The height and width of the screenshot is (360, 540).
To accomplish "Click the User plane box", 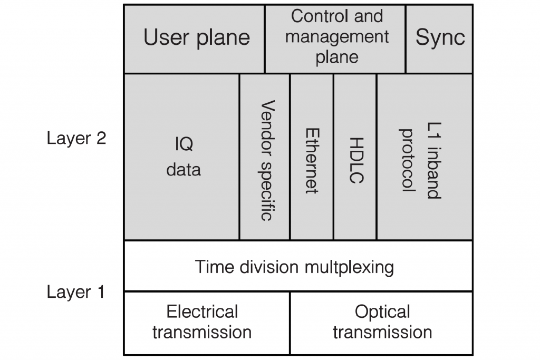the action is pyautogui.click(x=194, y=39).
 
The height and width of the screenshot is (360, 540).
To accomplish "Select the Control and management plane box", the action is pyautogui.click(x=335, y=39).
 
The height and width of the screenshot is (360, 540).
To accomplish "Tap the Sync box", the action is pyautogui.click(x=439, y=39).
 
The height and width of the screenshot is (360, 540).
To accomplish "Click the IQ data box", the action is pyautogui.click(x=181, y=157).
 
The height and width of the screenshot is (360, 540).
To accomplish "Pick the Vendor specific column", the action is pyautogui.click(x=265, y=157).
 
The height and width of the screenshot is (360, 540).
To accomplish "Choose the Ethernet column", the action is pyautogui.click(x=312, y=157).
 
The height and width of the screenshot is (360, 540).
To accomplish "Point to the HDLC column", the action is pyautogui.click(x=355, y=157).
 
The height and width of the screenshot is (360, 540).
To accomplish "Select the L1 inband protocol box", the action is pyautogui.click(x=425, y=157).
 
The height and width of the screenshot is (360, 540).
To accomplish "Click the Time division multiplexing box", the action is pyautogui.click(x=298, y=266).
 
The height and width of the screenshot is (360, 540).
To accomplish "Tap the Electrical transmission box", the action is pyautogui.click(x=207, y=323).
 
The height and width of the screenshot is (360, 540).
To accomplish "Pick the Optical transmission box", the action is pyautogui.click(x=382, y=323).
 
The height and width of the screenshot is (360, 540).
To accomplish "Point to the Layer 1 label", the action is pyautogui.click(x=76, y=293).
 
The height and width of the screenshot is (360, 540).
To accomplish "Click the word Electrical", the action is pyautogui.click(x=202, y=312).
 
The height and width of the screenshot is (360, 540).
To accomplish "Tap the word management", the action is pyautogui.click(x=337, y=37).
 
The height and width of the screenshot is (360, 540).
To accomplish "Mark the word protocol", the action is pyautogui.click(x=408, y=160).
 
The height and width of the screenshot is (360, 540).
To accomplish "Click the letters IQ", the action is pyautogui.click(x=184, y=144).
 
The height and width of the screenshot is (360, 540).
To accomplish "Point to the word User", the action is pyautogui.click(x=167, y=37).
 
